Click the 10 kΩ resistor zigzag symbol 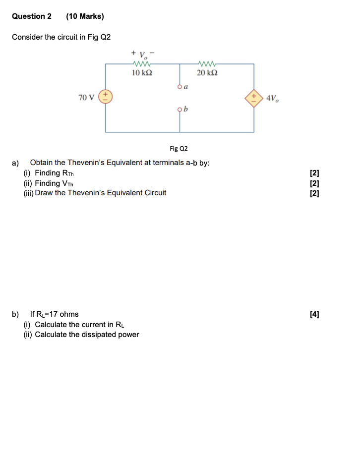click(x=142, y=64)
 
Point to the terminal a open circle click(x=180, y=86)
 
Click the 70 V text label click(x=86, y=97)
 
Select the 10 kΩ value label click(x=142, y=73)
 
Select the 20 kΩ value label click(x=207, y=73)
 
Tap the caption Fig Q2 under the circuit click(x=179, y=148)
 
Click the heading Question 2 click(x=32, y=16)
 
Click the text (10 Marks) click(x=85, y=16)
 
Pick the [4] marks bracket click(x=314, y=314)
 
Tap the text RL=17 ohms click(x=54, y=314)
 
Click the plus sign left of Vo click(x=133, y=52)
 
